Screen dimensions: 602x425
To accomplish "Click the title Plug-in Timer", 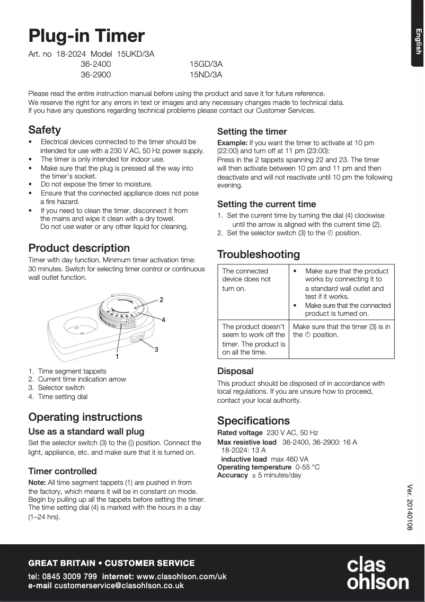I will point(86,36).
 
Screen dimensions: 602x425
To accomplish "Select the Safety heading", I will point(45,130).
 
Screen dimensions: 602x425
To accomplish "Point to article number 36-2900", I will point(95,75).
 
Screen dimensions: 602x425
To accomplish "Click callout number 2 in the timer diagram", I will point(161,300).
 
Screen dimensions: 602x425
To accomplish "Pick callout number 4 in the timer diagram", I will point(163,320).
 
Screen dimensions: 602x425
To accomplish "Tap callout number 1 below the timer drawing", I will point(117,357).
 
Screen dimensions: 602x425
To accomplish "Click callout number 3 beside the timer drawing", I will point(157,350).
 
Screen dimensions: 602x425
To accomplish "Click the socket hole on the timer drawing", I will point(79,331).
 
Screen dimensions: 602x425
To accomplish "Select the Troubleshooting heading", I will point(258,254).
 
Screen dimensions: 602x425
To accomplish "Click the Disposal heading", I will point(235,371).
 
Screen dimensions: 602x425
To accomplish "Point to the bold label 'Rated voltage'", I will point(240,433).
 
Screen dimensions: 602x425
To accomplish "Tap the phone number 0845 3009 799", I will point(70,576).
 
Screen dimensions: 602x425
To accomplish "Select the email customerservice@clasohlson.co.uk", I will point(119,586).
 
